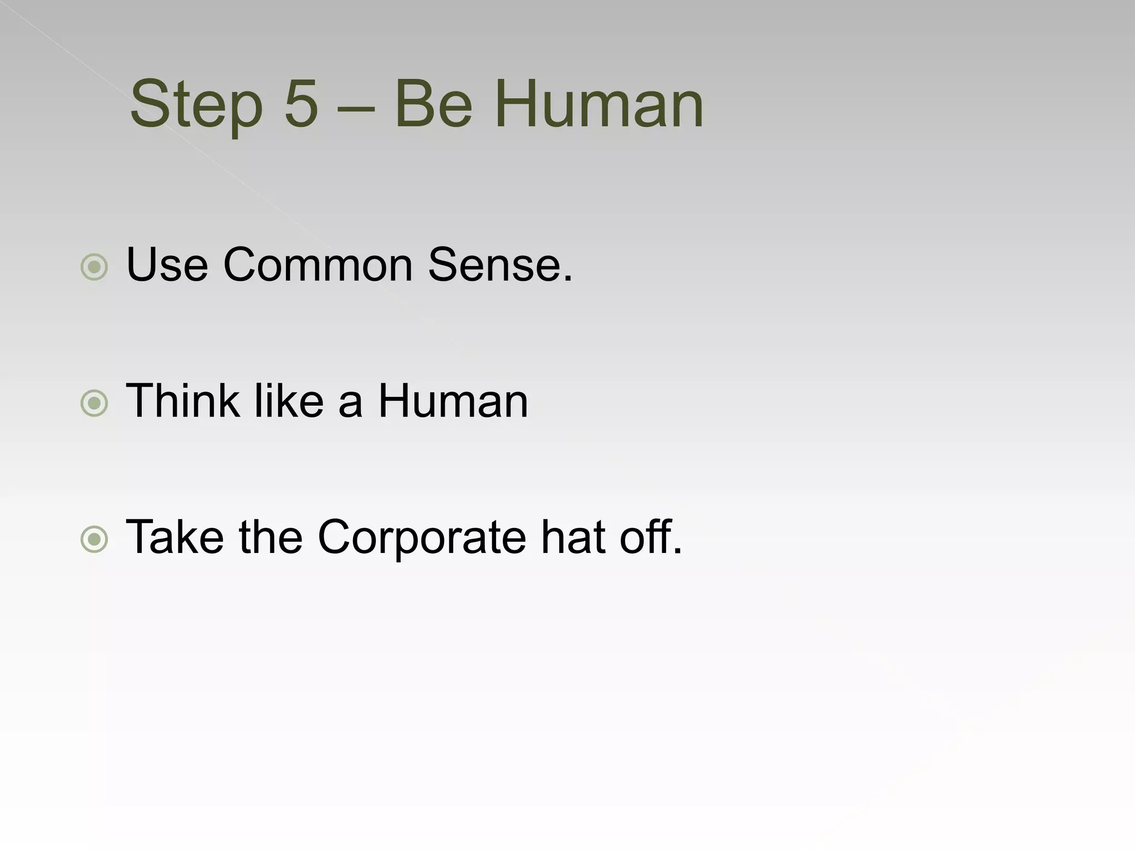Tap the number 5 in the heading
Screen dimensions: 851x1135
pyautogui.click(x=301, y=104)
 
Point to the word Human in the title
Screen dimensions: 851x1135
pyautogui.click(x=598, y=104)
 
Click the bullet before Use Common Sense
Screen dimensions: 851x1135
pyautogui.click(x=94, y=267)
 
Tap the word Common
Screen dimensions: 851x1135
pyautogui.click(x=318, y=265)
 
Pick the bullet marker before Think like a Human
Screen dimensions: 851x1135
pyautogui.click(x=94, y=403)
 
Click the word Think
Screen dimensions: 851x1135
pyautogui.click(x=183, y=401)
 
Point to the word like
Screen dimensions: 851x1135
pyautogui.click(x=289, y=401)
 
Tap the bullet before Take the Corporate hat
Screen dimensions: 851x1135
pyautogui.click(x=94, y=539)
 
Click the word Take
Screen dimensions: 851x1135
pyautogui.click(x=175, y=537)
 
